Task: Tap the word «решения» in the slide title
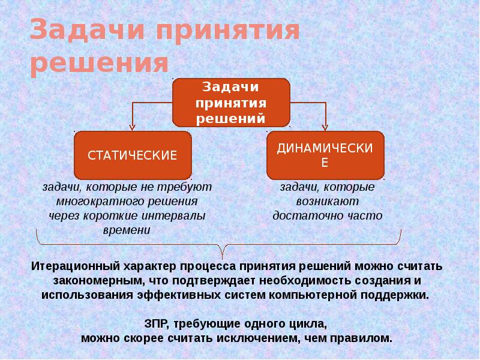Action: [x=99, y=63]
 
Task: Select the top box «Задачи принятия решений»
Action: [x=232, y=103]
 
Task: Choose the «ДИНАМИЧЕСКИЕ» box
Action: [x=325, y=155]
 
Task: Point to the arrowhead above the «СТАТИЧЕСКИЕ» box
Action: [x=133, y=127]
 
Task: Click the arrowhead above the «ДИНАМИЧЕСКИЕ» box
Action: [x=325, y=126]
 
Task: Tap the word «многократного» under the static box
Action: [x=95, y=202]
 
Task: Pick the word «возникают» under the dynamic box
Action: [x=327, y=202]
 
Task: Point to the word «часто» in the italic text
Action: [x=364, y=215]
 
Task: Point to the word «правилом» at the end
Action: [x=365, y=338]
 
